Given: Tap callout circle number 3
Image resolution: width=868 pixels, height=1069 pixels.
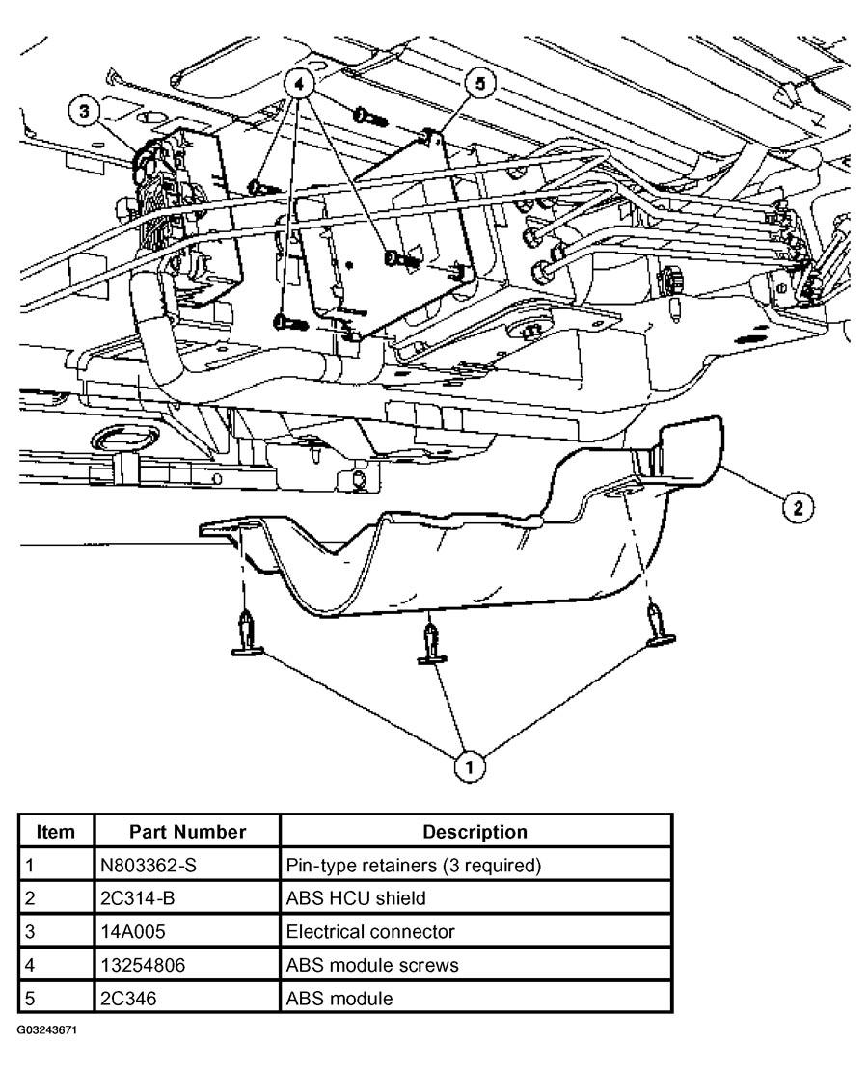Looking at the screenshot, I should (85, 113).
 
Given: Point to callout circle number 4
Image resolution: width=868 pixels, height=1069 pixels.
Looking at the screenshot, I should (302, 84).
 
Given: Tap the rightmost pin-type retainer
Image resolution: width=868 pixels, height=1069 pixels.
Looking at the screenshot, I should (660, 625).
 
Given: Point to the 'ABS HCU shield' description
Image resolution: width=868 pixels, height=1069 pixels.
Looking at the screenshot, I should (356, 897).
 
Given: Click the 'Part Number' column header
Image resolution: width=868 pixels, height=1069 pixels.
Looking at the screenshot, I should (187, 831).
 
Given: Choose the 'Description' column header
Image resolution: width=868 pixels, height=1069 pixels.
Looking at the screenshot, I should (475, 831).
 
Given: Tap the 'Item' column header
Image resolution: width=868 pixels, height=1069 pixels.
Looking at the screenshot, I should (56, 831).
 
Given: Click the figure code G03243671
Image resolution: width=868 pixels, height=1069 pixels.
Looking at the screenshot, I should (46, 1029).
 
